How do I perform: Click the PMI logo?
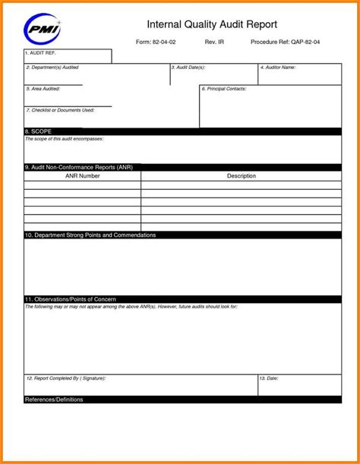(43, 30)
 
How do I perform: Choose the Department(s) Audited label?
(52, 68)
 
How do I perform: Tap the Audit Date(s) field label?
(188, 68)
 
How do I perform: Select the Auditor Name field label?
(278, 68)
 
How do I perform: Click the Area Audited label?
(43, 89)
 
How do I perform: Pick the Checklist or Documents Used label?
(60, 110)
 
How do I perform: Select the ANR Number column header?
(82, 176)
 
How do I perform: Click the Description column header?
(242, 176)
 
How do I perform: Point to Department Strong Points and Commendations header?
(90, 235)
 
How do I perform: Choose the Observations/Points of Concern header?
(70, 299)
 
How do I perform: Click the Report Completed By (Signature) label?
(66, 377)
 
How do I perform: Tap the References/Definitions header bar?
(54, 399)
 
